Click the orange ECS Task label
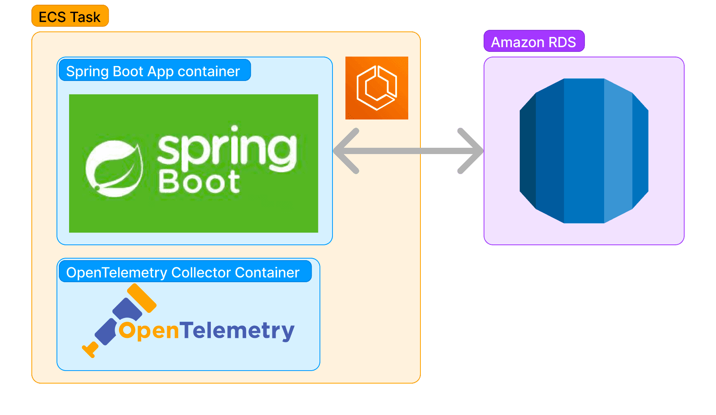coord(70,16)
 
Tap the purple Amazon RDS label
coord(534,41)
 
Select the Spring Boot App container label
coord(154,71)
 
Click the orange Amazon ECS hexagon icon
coord(376,88)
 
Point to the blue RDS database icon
coord(584,151)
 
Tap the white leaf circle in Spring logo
coord(114,168)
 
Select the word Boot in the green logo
coord(199,182)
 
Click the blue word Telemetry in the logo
coord(237,330)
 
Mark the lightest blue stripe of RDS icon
coord(618,151)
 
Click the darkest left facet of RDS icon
coord(528,151)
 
